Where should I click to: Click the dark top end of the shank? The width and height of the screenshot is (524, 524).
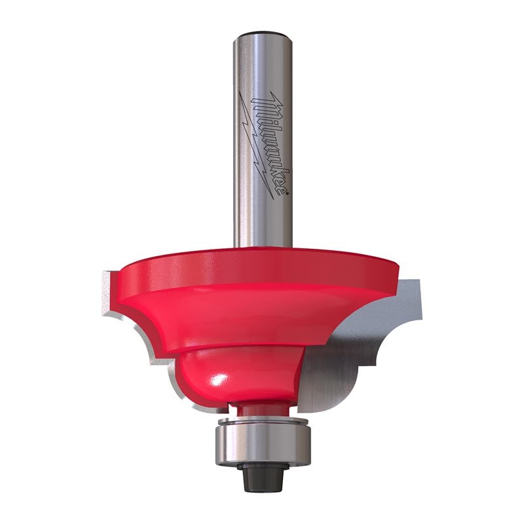(x=262, y=33)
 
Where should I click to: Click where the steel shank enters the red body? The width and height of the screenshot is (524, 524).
(x=262, y=246)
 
